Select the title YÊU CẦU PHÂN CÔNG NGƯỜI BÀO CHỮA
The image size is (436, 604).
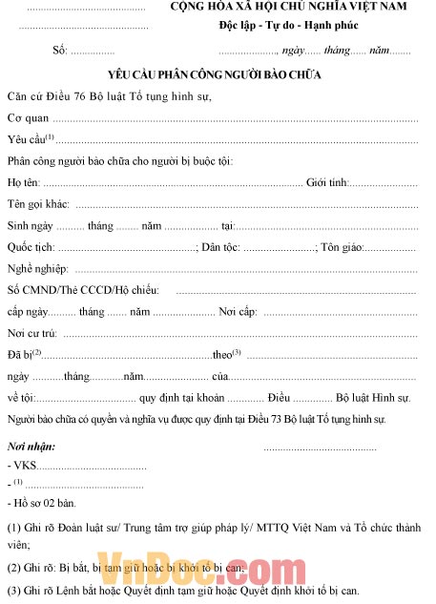[216, 73]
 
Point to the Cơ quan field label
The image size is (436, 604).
[28, 118]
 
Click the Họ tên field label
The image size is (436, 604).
[24, 181]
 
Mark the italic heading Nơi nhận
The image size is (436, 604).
[31, 447]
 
